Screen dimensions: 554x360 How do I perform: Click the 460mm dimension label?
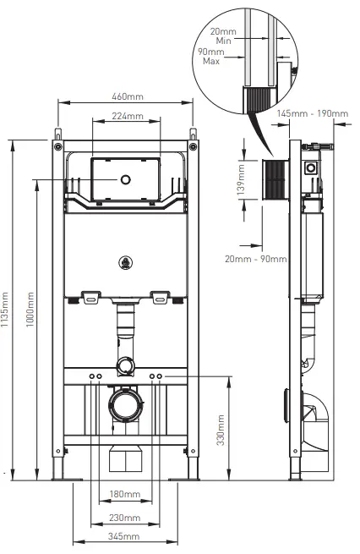[x=125, y=95]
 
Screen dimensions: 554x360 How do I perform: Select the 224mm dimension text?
[x=125, y=116]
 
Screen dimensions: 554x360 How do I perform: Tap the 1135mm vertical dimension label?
[x=7, y=311]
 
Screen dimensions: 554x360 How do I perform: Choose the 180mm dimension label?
[x=125, y=494]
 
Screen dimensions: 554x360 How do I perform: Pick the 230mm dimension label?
[x=125, y=517]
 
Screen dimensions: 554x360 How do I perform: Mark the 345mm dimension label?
[x=125, y=537]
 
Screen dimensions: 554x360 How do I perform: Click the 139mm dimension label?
[x=240, y=180]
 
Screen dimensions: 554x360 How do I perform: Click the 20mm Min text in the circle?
[x=225, y=35]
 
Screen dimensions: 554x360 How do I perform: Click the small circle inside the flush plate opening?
[x=125, y=179]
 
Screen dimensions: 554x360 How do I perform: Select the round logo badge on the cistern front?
[x=125, y=263]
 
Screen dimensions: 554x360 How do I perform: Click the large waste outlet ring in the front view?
[x=125, y=404]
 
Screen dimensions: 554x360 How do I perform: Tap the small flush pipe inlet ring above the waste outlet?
[x=125, y=365]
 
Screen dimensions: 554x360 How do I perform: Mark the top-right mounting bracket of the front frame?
[x=194, y=135]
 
